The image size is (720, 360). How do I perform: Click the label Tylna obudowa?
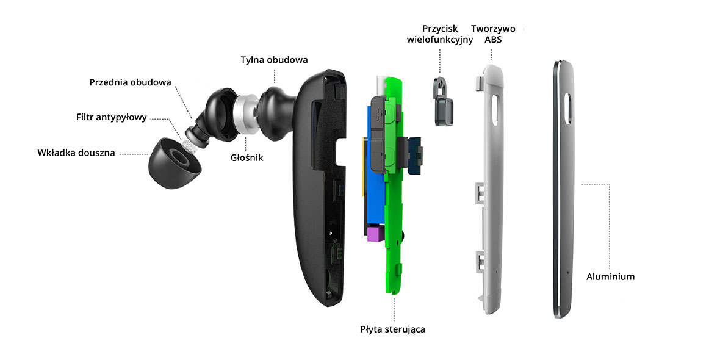tap(273, 60)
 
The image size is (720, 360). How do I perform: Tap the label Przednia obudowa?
tap(130, 82)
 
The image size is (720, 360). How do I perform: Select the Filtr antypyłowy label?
tap(112, 117)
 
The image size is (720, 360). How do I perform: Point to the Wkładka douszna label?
tap(76, 153)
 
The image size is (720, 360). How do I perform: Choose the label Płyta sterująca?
tap(392, 329)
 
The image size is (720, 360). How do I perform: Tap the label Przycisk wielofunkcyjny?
tap(439, 35)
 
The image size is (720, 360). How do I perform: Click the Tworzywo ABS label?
tap(493, 35)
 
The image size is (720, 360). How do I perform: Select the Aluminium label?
tap(610, 276)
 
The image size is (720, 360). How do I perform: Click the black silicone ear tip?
tap(171, 162)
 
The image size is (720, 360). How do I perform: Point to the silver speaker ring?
tap(248, 112)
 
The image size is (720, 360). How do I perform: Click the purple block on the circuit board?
tap(373, 234)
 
